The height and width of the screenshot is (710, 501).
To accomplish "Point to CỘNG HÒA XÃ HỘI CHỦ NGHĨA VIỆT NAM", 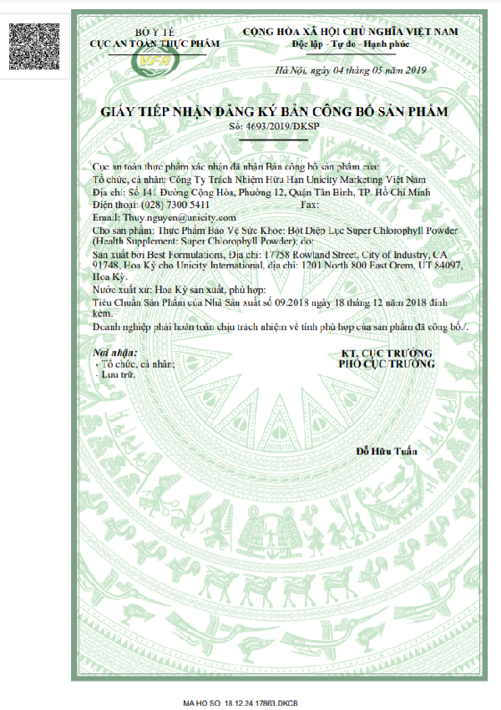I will coord(351,31).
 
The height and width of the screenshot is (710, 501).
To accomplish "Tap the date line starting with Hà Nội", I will coord(352,69).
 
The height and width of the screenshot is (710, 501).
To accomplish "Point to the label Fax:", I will coord(308,205).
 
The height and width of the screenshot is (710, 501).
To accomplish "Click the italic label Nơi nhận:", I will coord(111,353).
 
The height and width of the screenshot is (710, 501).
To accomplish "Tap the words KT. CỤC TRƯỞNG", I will coord(386,353).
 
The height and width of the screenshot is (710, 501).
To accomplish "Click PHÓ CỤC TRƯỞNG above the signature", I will coord(386,364).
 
